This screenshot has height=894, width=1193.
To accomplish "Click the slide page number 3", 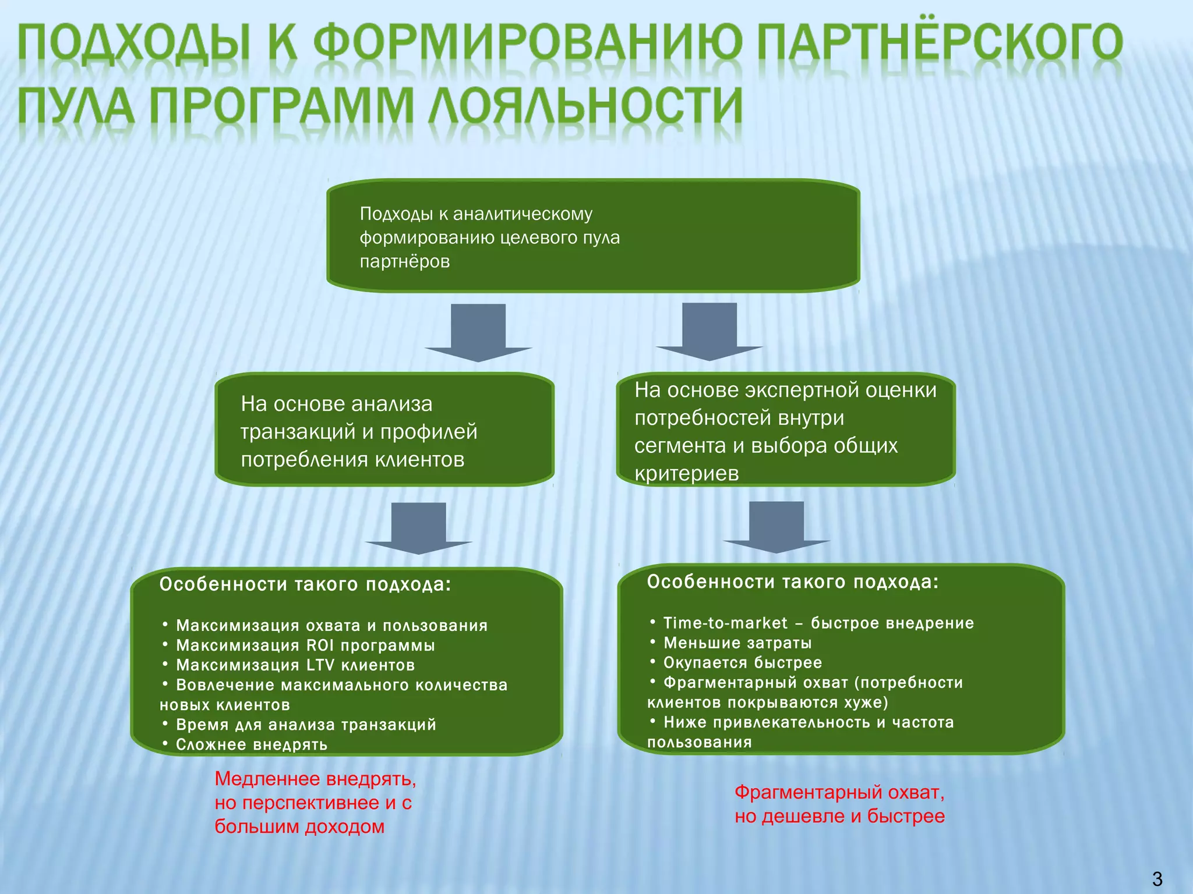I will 1157,878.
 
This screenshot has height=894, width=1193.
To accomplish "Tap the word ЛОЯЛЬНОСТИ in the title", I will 586,107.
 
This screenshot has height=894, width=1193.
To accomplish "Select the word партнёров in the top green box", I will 405,261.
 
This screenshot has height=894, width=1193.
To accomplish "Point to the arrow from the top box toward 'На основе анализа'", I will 478,332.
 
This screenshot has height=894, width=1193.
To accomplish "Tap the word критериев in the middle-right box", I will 686,473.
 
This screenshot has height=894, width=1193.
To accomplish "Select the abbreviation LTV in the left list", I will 320,665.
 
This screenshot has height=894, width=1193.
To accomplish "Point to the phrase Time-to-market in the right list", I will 725,623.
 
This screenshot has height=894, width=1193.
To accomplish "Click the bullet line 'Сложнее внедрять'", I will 252,744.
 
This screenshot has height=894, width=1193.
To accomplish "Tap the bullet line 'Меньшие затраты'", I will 737,643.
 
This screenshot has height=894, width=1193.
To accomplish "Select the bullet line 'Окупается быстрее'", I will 743,663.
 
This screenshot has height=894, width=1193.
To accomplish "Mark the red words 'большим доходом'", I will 299,826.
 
